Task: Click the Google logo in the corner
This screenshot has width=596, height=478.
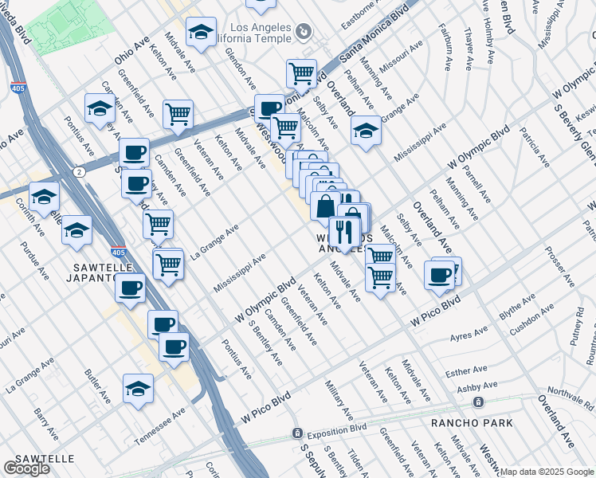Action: (26, 468)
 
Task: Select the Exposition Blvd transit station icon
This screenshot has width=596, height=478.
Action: (296, 434)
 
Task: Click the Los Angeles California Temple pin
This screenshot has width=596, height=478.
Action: (303, 32)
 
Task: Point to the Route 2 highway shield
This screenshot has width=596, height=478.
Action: (79, 171)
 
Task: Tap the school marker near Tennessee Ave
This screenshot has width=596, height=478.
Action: (138, 389)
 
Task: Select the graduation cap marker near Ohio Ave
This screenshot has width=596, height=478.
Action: (202, 32)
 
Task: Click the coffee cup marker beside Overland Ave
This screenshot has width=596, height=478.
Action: (440, 275)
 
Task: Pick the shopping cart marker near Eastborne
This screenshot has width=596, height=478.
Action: (301, 73)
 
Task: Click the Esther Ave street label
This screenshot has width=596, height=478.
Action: (467, 371)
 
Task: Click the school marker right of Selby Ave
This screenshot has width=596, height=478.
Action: (366, 131)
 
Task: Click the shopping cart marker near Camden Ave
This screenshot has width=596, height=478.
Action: (178, 114)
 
